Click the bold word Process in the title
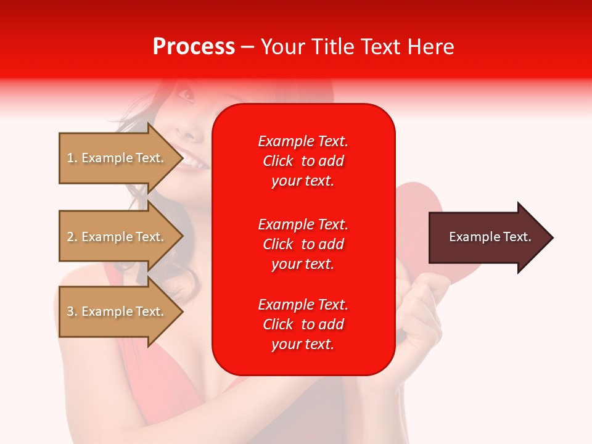click(194, 46)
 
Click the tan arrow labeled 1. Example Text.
click(117, 158)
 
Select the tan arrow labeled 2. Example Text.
click(117, 237)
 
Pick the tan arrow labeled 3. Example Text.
click(117, 311)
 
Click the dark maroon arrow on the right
click(487, 237)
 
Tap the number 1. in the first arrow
click(72, 158)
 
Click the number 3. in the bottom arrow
click(72, 311)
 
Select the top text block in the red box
click(303, 161)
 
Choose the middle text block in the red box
click(303, 244)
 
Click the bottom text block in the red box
click(303, 324)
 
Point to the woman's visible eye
click(185, 94)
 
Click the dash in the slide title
click(248, 47)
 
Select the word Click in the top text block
click(277, 161)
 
